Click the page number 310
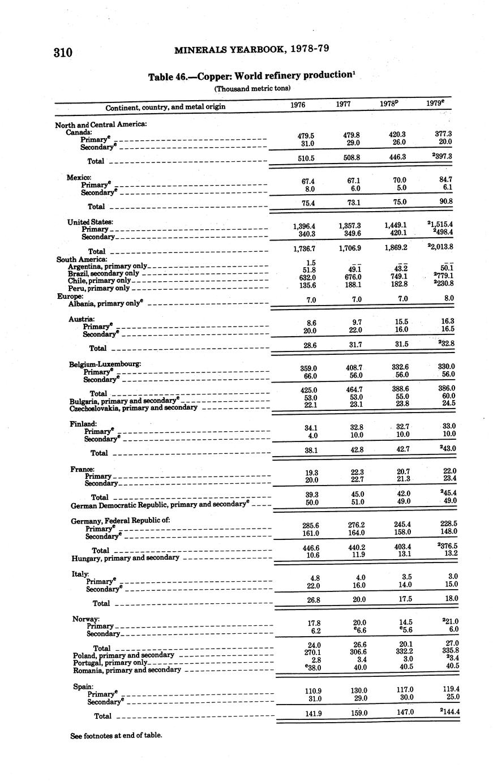point(63,53)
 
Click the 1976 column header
point(298,105)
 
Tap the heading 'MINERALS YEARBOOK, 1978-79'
point(252,49)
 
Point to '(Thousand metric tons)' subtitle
point(252,89)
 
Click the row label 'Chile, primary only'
point(99,280)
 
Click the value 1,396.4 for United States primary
point(302,226)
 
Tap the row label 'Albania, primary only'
point(105,303)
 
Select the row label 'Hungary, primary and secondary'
point(125,558)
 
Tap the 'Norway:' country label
point(86,619)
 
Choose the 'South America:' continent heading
point(82,259)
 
